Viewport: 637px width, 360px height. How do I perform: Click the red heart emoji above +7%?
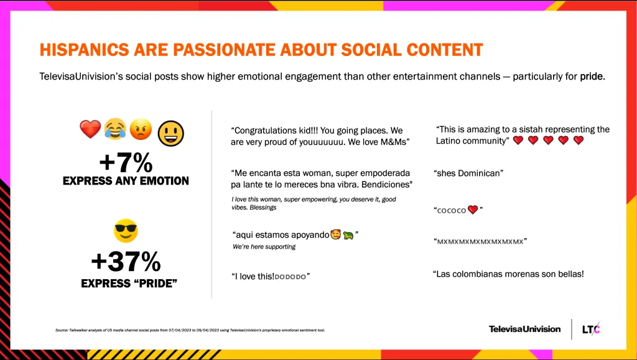click(90, 129)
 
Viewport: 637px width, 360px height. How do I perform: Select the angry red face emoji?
click(141, 129)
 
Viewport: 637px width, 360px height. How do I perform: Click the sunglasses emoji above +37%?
click(126, 231)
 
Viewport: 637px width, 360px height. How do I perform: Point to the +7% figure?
click(126, 163)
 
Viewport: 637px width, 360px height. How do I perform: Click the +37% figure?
click(126, 262)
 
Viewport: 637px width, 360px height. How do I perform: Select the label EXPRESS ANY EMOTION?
click(126, 181)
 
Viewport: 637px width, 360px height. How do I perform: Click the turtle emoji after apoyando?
click(348, 236)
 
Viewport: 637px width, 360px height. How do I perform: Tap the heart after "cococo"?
click(473, 210)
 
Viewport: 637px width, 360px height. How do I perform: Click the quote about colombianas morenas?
click(508, 274)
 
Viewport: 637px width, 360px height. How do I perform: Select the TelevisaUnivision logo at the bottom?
click(524, 329)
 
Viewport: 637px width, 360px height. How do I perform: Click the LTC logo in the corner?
click(592, 329)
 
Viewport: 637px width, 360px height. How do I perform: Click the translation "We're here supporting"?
click(264, 247)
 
